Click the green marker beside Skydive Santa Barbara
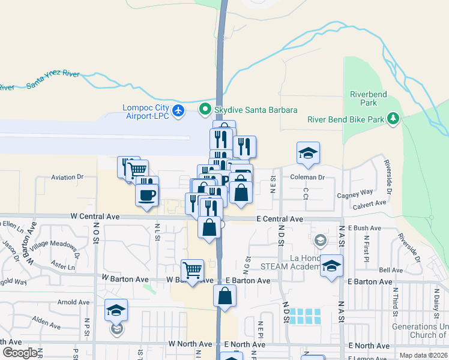pyautogui.click(x=205, y=110)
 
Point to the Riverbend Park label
pyautogui.click(x=369, y=99)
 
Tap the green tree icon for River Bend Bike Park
pyautogui.click(x=394, y=119)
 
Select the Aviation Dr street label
pyautogui.click(x=67, y=177)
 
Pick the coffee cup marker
pyautogui.click(x=147, y=194)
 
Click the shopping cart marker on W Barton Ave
pyautogui.click(x=192, y=269)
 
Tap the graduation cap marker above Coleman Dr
pyautogui.click(x=308, y=152)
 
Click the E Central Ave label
pyautogui.click(x=280, y=219)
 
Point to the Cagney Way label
pyautogui.click(x=355, y=193)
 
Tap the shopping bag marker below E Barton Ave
pyautogui.click(x=224, y=295)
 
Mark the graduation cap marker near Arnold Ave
pyautogui.click(x=116, y=310)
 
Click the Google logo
pyautogui.click(x=20, y=353)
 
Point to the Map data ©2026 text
pyautogui.click(x=423, y=355)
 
